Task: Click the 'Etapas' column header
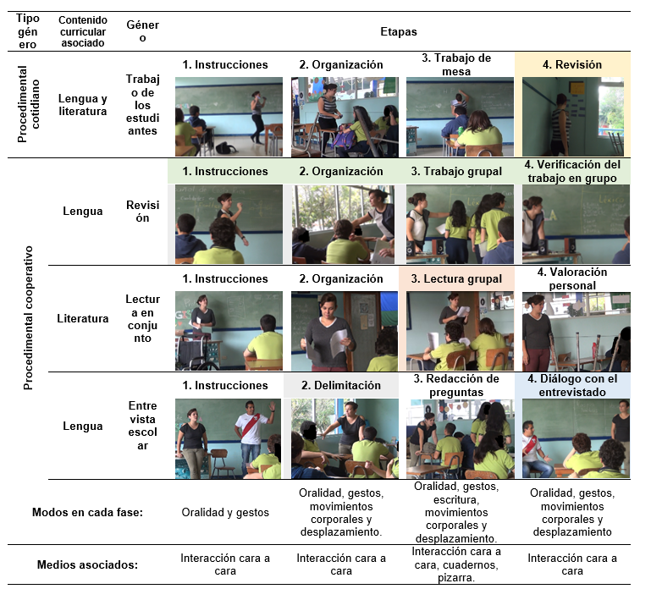[x=399, y=31]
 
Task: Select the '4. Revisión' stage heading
[x=572, y=64]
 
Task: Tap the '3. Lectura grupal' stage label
[x=456, y=278]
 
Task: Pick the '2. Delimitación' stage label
[x=341, y=386]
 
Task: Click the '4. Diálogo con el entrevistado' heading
[x=572, y=386]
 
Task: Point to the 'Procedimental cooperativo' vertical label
[x=28, y=318]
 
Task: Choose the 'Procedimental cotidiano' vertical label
[x=28, y=104]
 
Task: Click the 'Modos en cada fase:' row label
[x=87, y=513]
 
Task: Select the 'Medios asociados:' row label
[x=87, y=564]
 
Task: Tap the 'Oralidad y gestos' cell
[x=225, y=513]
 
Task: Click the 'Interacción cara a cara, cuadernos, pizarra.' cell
[x=456, y=564]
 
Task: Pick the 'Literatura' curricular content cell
[x=83, y=319]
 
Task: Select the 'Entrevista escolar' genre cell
[x=142, y=426]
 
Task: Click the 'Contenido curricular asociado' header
[x=83, y=31]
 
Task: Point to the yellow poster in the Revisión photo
[x=577, y=88]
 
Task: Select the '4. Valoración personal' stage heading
[x=572, y=278]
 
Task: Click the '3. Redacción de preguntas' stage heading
[x=456, y=386]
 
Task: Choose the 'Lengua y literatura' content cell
[x=83, y=105]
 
